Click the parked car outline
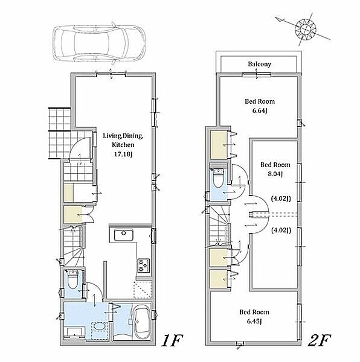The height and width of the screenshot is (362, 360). coord(99,43)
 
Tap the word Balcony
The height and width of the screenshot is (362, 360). coord(260,64)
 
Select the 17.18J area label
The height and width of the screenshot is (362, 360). coord(123,154)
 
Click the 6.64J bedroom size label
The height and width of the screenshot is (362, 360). coord(260,110)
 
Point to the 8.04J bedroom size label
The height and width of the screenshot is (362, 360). coord(275,174)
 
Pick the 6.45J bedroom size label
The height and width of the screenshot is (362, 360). coord(254,321)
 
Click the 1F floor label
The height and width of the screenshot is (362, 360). coord(172,340)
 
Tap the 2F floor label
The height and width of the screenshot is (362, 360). coord(320,340)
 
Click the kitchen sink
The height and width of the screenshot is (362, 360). coord(124,235)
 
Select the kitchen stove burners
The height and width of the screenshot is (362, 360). coord(144,265)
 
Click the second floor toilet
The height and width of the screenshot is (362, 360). coord(217,178)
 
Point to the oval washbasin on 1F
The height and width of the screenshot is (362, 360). coord(100,326)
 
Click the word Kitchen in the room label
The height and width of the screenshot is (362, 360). coord(123,145)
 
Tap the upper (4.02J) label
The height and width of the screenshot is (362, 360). coord(281,198)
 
